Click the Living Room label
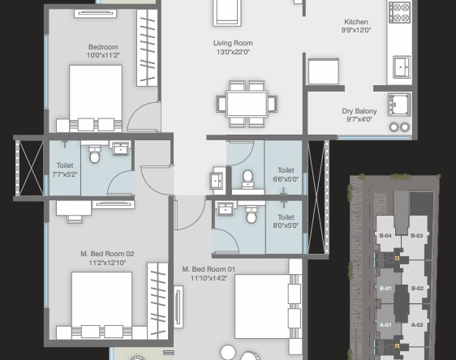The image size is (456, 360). [233, 43]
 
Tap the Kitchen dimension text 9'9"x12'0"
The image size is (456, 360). [356, 30]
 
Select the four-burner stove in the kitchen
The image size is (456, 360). [399, 12]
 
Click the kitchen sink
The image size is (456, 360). [402, 66]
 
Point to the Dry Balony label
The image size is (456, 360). [359, 111]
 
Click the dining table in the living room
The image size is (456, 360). [247, 104]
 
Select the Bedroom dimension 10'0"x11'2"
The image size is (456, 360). [103, 55]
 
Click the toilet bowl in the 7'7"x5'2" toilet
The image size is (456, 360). [94, 155]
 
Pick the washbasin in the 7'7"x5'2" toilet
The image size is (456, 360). [121, 148]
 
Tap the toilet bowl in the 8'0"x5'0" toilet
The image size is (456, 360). [252, 214]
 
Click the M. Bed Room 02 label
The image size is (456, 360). [107, 254]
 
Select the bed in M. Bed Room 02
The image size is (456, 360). [101, 305]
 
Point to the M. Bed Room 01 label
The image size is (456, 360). [209, 269]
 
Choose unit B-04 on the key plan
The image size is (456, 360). [385, 236]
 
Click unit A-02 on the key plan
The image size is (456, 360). [417, 325]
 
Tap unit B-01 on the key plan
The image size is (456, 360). [385, 289]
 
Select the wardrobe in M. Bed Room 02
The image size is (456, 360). [157, 301]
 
